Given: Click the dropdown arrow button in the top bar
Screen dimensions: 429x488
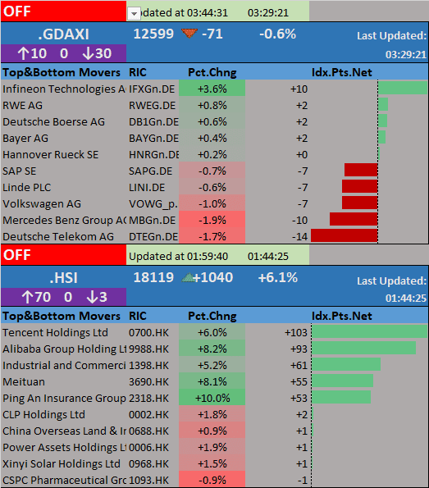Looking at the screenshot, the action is pyautogui.click(x=134, y=14).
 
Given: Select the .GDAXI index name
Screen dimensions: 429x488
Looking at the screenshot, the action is pyautogui.click(x=64, y=34).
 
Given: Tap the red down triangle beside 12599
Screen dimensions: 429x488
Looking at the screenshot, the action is pyautogui.click(x=189, y=33).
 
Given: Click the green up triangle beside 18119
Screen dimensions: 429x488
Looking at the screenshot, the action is pyautogui.click(x=188, y=277).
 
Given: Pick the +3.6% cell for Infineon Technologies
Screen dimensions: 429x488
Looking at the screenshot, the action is pyautogui.click(x=212, y=89).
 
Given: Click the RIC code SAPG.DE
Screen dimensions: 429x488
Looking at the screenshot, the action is pyautogui.click(x=150, y=171).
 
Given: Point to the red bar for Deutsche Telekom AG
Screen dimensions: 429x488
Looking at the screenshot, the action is pyautogui.click(x=345, y=235).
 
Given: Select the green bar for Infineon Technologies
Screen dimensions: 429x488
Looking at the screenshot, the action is pyautogui.click(x=403, y=88).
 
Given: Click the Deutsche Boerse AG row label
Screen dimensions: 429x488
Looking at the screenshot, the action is pyautogui.click(x=54, y=121).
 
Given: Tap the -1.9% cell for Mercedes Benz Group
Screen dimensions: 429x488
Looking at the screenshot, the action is pyautogui.click(x=212, y=220).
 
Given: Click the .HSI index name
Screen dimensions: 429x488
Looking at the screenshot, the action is pyautogui.click(x=64, y=278).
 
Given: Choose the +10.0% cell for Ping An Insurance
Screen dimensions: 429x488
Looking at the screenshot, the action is pyautogui.click(x=212, y=398).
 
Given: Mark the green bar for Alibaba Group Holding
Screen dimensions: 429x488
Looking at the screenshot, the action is pyautogui.click(x=364, y=348).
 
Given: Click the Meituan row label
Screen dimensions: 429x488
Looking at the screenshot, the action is pyautogui.click(x=24, y=382).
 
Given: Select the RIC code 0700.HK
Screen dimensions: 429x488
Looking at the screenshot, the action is pyautogui.click(x=148, y=333).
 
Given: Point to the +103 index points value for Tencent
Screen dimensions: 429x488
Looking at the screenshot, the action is pyautogui.click(x=296, y=333).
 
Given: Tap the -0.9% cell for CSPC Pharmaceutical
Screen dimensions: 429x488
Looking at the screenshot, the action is pyautogui.click(x=212, y=480).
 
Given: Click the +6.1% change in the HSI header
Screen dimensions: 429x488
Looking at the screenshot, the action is pyautogui.click(x=278, y=277).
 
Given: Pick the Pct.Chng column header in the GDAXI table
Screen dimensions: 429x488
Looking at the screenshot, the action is pyautogui.click(x=212, y=72).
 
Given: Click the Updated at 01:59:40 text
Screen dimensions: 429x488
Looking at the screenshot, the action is pyautogui.click(x=178, y=257).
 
